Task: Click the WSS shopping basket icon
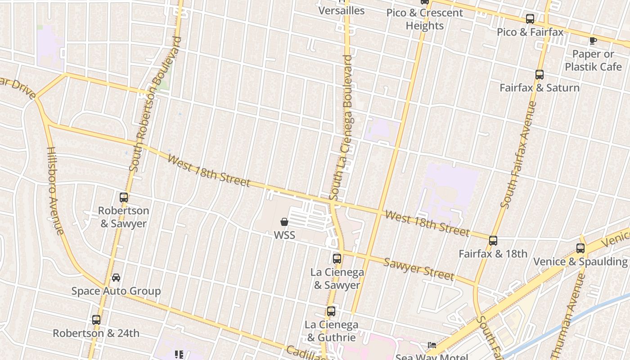click(284, 222)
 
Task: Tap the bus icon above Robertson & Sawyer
click(124, 197)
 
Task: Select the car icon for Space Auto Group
click(116, 277)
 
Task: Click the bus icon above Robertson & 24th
click(96, 320)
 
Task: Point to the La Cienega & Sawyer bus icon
click(337, 259)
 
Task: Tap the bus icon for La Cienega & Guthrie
click(331, 311)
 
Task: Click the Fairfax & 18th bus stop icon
click(493, 241)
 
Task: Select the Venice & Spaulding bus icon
click(580, 248)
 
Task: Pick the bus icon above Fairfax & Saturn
click(540, 75)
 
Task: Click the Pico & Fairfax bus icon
click(530, 19)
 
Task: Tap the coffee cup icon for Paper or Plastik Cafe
click(593, 41)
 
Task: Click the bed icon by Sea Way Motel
click(432, 345)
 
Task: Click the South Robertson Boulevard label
click(155, 104)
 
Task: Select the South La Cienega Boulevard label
click(341, 128)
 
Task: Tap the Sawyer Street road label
click(418, 269)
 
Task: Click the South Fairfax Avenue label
click(518, 155)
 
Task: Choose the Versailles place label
click(342, 10)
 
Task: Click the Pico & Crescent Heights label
click(424, 19)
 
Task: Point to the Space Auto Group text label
click(116, 291)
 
